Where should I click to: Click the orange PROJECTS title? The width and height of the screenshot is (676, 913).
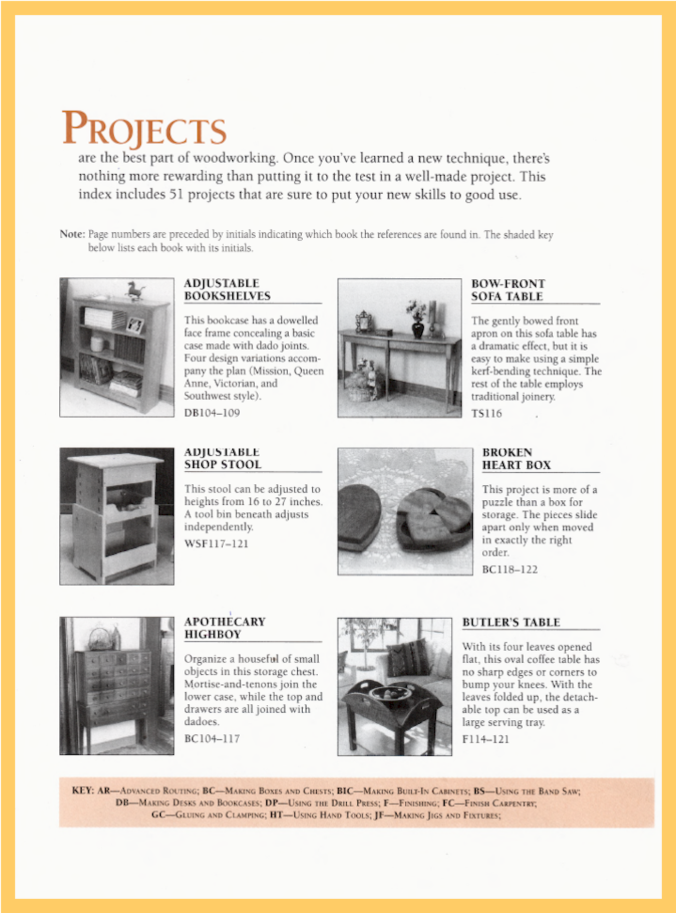tap(144, 128)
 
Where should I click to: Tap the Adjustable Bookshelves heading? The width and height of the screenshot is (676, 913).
tap(227, 290)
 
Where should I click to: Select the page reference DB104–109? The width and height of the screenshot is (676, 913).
tap(212, 413)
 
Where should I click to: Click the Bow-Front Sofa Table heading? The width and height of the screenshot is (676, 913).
tap(508, 290)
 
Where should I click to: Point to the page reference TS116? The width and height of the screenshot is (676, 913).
tap(487, 413)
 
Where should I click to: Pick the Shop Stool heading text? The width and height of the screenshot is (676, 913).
tap(222, 464)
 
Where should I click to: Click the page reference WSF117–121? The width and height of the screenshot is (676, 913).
tap(216, 543)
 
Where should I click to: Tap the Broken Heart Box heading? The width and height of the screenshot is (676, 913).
tap(516, 459)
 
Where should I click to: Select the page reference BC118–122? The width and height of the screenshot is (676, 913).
tap(510, 569)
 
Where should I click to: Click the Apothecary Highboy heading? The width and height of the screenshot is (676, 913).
tap(225, 628)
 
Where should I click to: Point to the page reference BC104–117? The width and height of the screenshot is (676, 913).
tap(212, 739)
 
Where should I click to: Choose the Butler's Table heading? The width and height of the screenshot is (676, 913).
tap(511, 622)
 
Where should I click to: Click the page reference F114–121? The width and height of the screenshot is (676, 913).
tap(486, 739)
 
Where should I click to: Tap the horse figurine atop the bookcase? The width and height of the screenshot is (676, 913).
tap(134, 290)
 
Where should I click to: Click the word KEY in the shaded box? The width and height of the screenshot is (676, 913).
tap(83, 790)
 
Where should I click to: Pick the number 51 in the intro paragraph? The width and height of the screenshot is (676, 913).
tap(175, 195)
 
